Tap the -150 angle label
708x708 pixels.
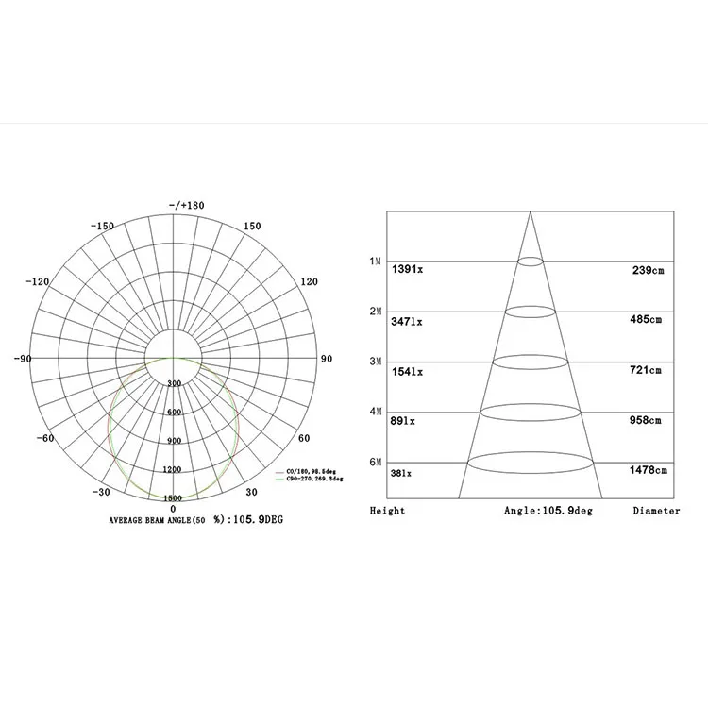(101, 226)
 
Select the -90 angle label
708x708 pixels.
(25, 359)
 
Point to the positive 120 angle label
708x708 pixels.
(309, 282)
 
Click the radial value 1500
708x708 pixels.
(173, 497)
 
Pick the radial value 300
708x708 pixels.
(174, 384)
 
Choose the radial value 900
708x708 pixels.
(174, 441)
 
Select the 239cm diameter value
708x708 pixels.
(648, 270)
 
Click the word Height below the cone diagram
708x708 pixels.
(387, 511)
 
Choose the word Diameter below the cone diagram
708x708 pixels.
(656, 511)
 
